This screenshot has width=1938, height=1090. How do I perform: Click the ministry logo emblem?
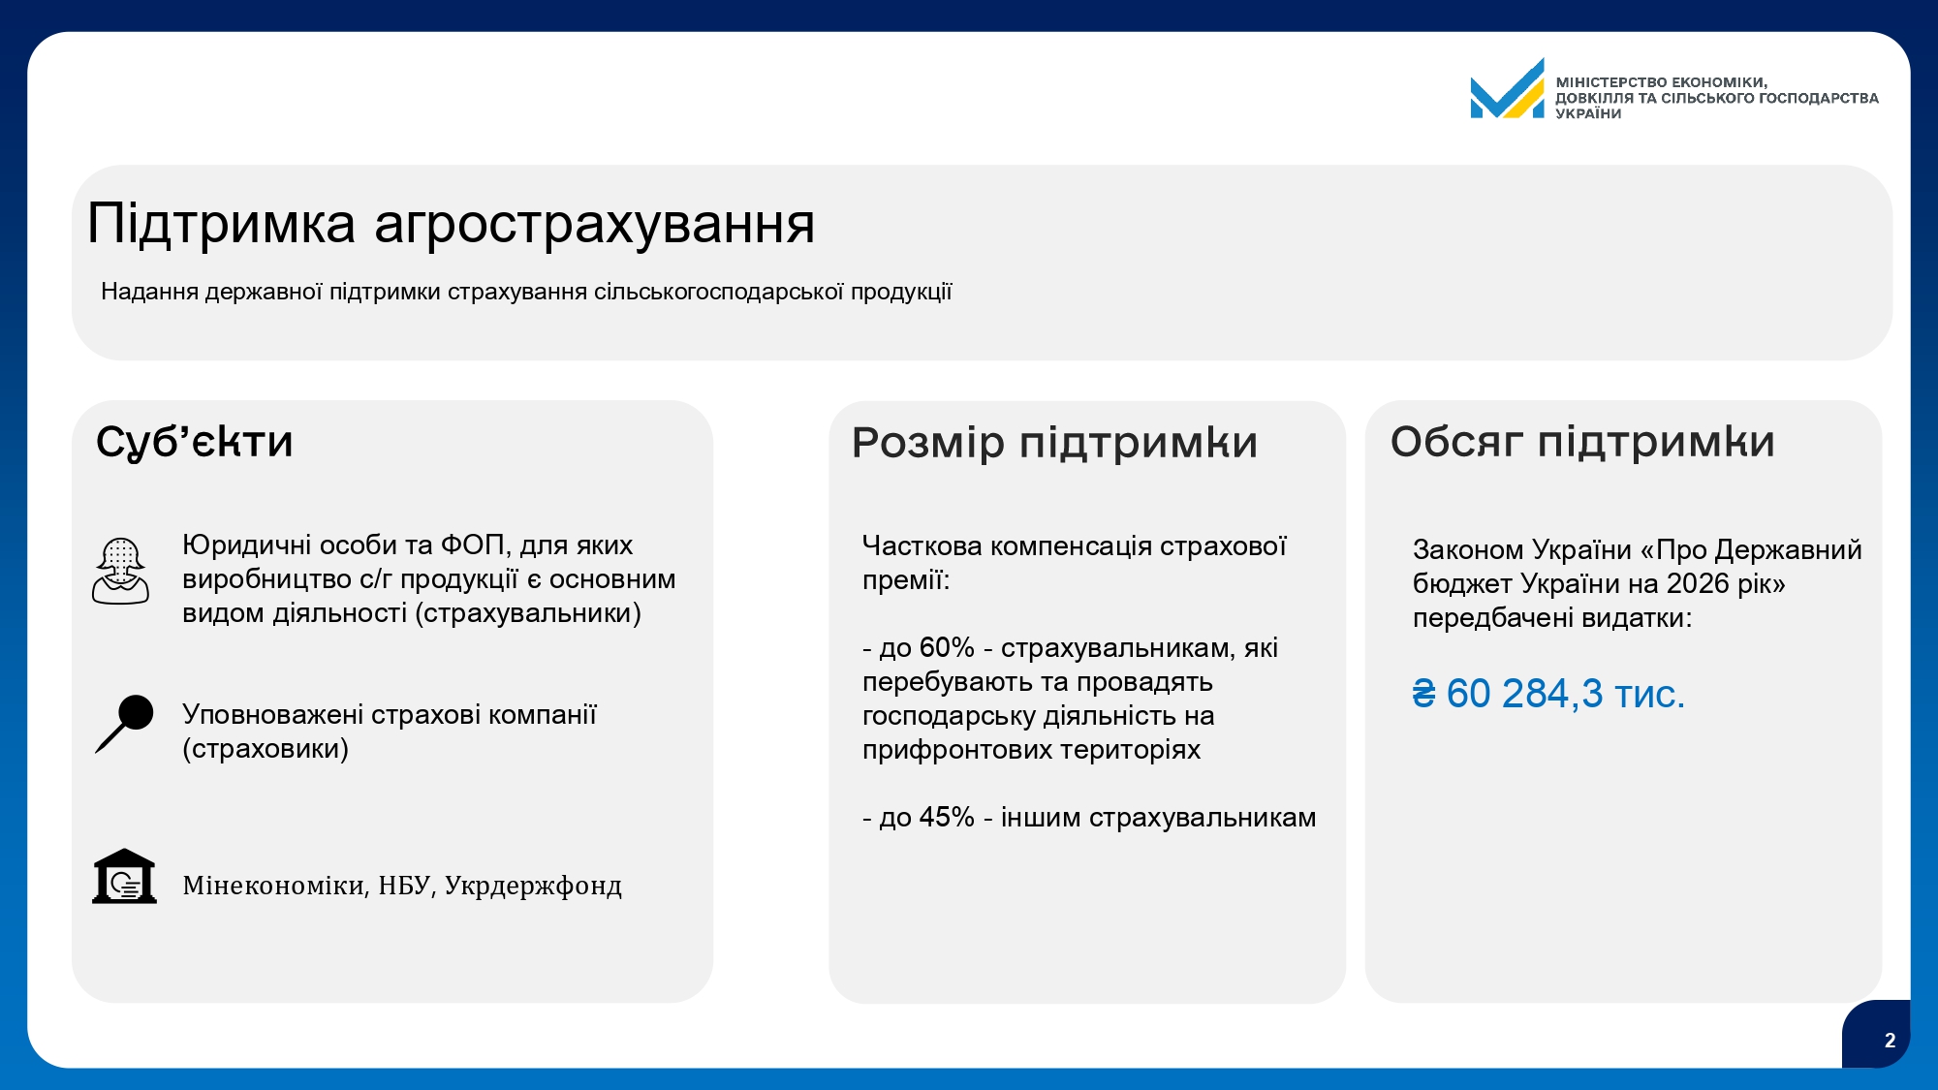tap(1507, 88)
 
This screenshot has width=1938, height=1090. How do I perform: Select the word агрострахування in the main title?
tap(595, 226)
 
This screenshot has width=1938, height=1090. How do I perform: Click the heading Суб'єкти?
tap(194, 442)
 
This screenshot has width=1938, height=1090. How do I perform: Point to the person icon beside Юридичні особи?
tap(120, 572)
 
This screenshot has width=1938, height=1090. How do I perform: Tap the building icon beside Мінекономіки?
tap(124, 877)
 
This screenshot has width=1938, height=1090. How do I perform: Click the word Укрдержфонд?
tap(533, 887)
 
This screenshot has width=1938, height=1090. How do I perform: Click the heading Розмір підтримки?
tap(1054, 443)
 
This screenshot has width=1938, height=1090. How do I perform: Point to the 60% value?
tap(947, 647)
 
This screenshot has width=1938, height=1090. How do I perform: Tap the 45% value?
tap(947, 817)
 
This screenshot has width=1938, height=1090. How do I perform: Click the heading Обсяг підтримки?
tap(1582, 442)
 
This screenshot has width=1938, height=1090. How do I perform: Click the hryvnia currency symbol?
tap(1423, 694)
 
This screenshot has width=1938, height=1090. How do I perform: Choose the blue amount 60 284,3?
tap(1525, 694)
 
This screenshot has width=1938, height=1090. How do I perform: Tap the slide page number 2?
tap(1890, 1041)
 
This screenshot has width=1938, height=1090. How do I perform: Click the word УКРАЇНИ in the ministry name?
tap(1588, 113)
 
